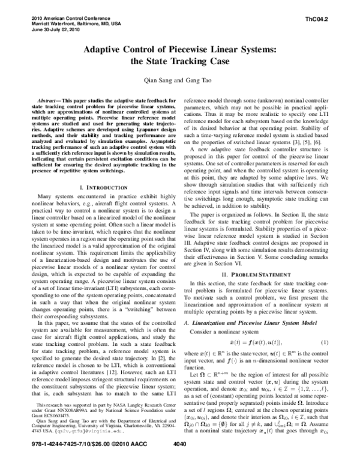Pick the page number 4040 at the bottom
(x=180, y=459)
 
